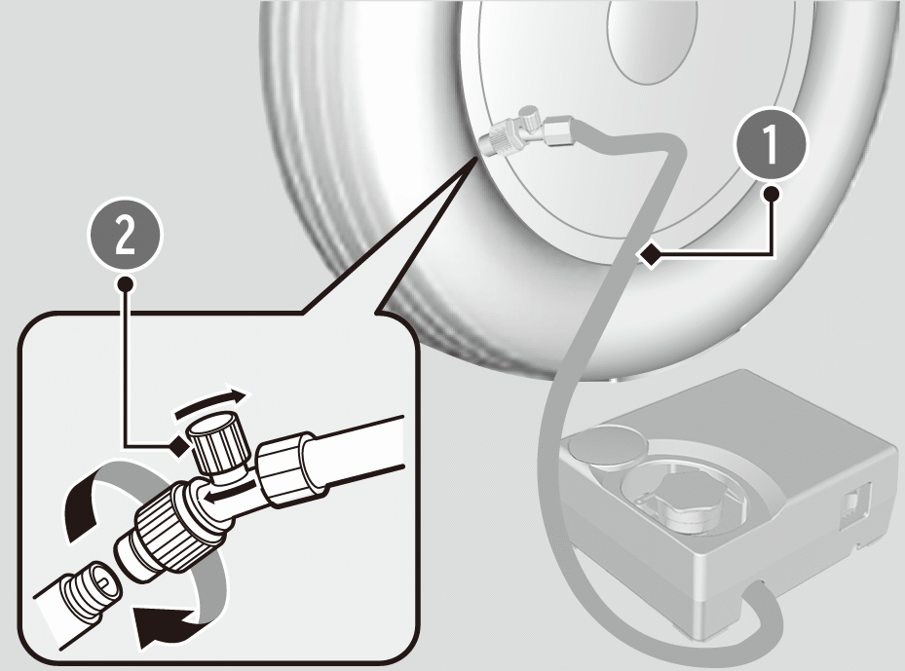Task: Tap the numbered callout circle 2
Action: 125,237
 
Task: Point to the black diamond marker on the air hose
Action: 651,254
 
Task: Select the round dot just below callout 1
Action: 772,194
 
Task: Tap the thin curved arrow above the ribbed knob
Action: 213,403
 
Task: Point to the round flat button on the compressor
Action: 608,444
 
